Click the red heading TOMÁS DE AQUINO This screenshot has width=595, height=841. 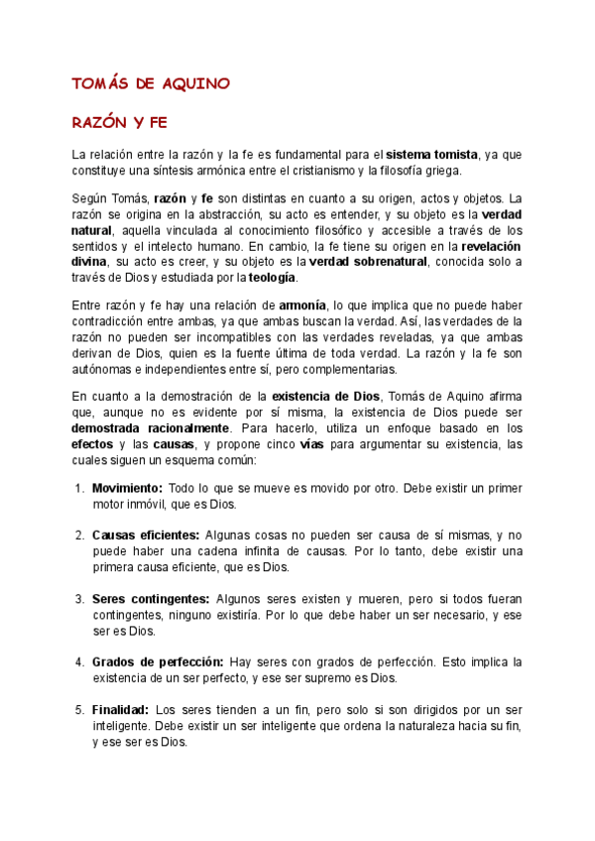pos(151,83)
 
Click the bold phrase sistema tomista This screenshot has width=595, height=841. pos(431,155)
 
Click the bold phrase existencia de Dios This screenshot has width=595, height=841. pos(327,397)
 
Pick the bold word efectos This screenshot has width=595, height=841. pos(92,444)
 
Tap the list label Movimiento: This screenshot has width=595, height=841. pos(127,489)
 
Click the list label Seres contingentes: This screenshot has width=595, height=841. pos(151,599)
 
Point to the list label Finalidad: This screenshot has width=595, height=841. pos(121,709)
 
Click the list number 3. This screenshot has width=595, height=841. pos(78,599)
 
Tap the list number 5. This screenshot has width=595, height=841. pos(78,709)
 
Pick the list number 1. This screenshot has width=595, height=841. pos(78,489)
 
